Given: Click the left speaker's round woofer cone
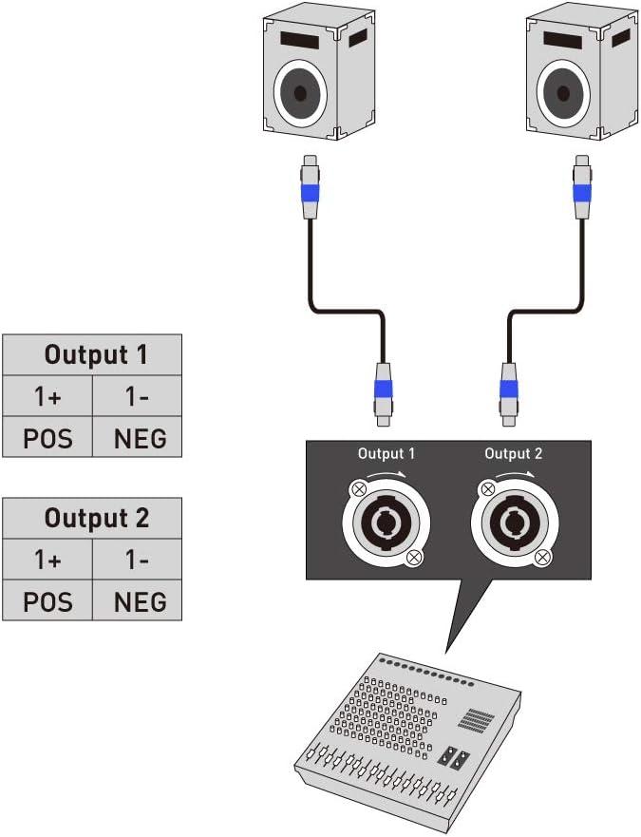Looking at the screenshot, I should click(x=300, y=92).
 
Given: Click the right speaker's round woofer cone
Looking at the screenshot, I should click(x=564, y=92).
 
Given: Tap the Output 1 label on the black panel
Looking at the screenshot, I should click(x=386, y=454).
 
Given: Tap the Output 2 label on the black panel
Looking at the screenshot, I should click(x=513, y=454).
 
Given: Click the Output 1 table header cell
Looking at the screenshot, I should click(x=91, y=355).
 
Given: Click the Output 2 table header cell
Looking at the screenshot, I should click(x=91, y=519).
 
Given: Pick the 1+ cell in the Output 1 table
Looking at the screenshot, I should click(x=47, y=396).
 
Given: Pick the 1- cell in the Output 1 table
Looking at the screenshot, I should click(x=138, y=396).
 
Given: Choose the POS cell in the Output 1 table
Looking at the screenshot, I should click(x=47, y=438).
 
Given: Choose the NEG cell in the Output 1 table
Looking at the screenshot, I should click(x=138, y=438).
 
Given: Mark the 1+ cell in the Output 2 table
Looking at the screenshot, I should click(x=47, y=560).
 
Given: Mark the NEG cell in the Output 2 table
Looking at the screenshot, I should click(x=138, y=601).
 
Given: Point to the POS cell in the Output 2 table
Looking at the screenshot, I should click(x=47, y=601).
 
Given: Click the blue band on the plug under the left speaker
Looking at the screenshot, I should click(x=310, y=193).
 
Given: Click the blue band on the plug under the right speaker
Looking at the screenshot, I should click(x=582, y=193).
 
